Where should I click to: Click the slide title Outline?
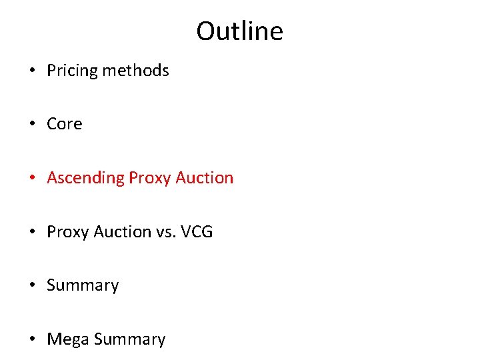tap(239, 31)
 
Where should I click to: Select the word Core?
tap(65, 124)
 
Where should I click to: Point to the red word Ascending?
tap(85, 179)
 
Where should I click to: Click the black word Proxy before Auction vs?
tap(68, 232)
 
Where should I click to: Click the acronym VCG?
tap(195, 232)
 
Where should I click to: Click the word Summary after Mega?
tap(129, 339)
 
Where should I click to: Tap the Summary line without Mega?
tap(83, 286)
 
